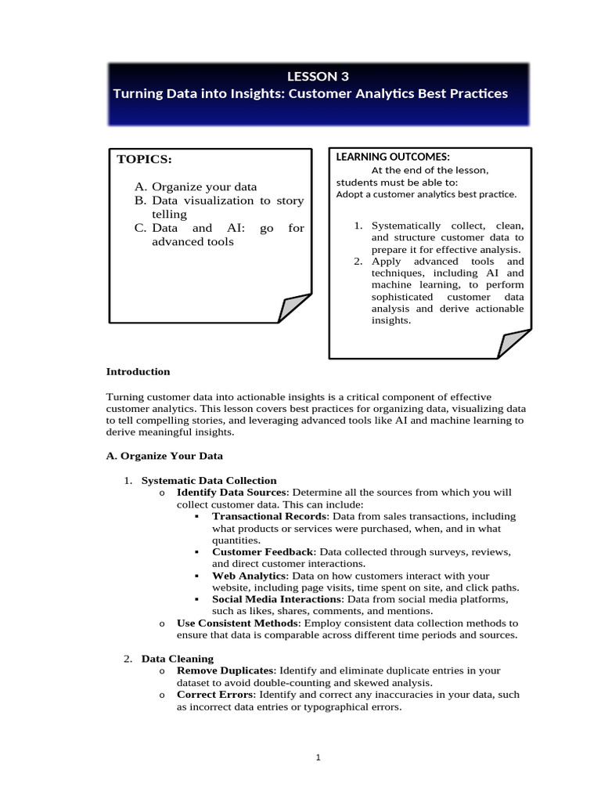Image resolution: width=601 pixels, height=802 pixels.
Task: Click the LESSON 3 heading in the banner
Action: tap(318, 76)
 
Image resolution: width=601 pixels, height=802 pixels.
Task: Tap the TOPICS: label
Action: tap(144, 160)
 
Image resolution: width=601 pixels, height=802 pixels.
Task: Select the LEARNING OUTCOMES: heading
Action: tap(393, 157)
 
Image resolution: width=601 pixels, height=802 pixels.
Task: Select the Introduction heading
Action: tap(138, 371)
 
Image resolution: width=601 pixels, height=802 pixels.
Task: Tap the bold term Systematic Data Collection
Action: tap(209, 480)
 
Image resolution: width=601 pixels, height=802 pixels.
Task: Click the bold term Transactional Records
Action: tap(269, 516)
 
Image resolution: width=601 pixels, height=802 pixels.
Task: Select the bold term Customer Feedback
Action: tap(262, 552)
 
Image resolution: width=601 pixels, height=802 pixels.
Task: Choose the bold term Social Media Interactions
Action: tap(277, 599)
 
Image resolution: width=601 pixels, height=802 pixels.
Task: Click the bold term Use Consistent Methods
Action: tap(237, 623)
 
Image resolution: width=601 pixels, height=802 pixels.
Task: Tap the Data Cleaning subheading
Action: tap(177, 659)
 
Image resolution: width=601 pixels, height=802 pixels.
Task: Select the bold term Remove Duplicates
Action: tap(225, 670)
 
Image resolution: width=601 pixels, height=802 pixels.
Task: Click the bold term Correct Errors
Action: tap(215, 694)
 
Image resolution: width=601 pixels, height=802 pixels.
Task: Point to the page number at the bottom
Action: tap(318, 757)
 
